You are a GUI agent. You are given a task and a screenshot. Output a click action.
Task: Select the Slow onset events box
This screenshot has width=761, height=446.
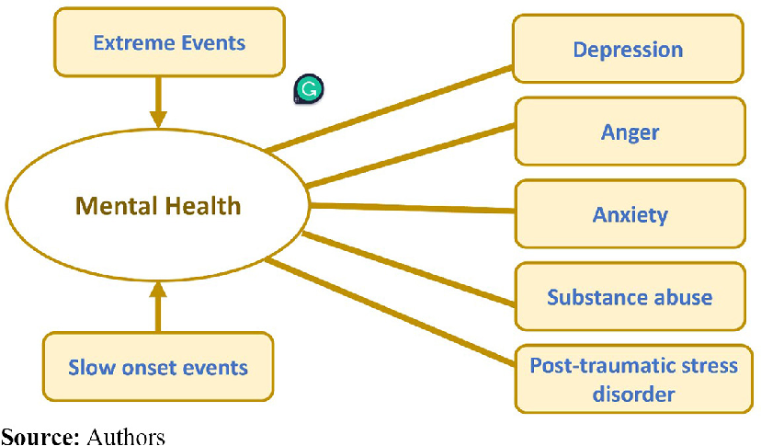[x=158, y=367]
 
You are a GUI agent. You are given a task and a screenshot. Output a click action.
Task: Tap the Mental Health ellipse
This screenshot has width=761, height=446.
[x=158, y=206]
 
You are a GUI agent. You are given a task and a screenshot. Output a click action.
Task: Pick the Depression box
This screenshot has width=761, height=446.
[x=628, y=50]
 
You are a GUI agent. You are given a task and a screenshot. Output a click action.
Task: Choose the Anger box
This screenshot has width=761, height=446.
[x=630, y=132]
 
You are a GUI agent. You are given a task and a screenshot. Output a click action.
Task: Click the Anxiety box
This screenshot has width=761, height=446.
[x=630, y=215]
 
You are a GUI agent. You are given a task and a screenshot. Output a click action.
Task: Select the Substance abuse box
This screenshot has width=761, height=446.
[x=630, y=297]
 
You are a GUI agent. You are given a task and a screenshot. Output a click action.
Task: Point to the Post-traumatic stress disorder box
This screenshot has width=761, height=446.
[x=633, y=379]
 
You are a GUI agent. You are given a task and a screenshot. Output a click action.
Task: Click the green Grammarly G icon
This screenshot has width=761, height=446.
[x=309, y=89]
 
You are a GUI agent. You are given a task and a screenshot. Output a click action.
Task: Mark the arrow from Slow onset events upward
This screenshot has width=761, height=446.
[x=158, y=308]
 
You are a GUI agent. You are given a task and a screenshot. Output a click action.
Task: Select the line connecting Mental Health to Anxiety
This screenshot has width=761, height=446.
[x=409, y=208]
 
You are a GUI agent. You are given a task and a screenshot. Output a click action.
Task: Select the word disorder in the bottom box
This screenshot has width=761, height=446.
[x=633, y=394]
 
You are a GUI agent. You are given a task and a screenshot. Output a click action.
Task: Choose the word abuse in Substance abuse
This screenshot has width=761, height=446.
[x=682, y=297]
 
